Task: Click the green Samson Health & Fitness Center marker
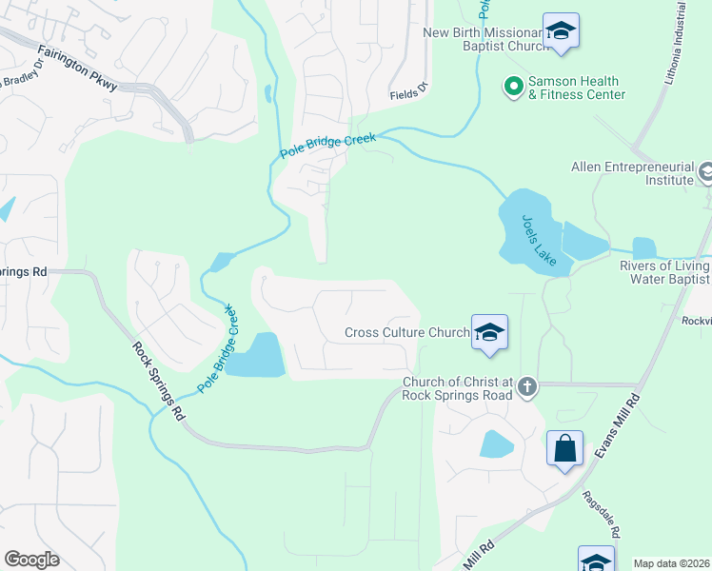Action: [x=514, y=88]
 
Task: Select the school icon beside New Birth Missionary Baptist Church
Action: [x=561, y=31]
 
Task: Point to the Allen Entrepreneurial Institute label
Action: [x=631, y=172]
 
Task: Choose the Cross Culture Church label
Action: [x=406, y=332]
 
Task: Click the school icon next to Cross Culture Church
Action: [x=489, y=332]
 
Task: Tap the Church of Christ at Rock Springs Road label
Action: [x=457, y=388]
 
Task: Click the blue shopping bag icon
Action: [x=564, y=447]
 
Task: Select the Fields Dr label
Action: [x=409, y=95]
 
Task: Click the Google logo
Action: [x=31, y=560]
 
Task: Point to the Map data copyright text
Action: [x=671, y=563]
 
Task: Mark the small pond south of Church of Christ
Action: [x=497, y=443]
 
